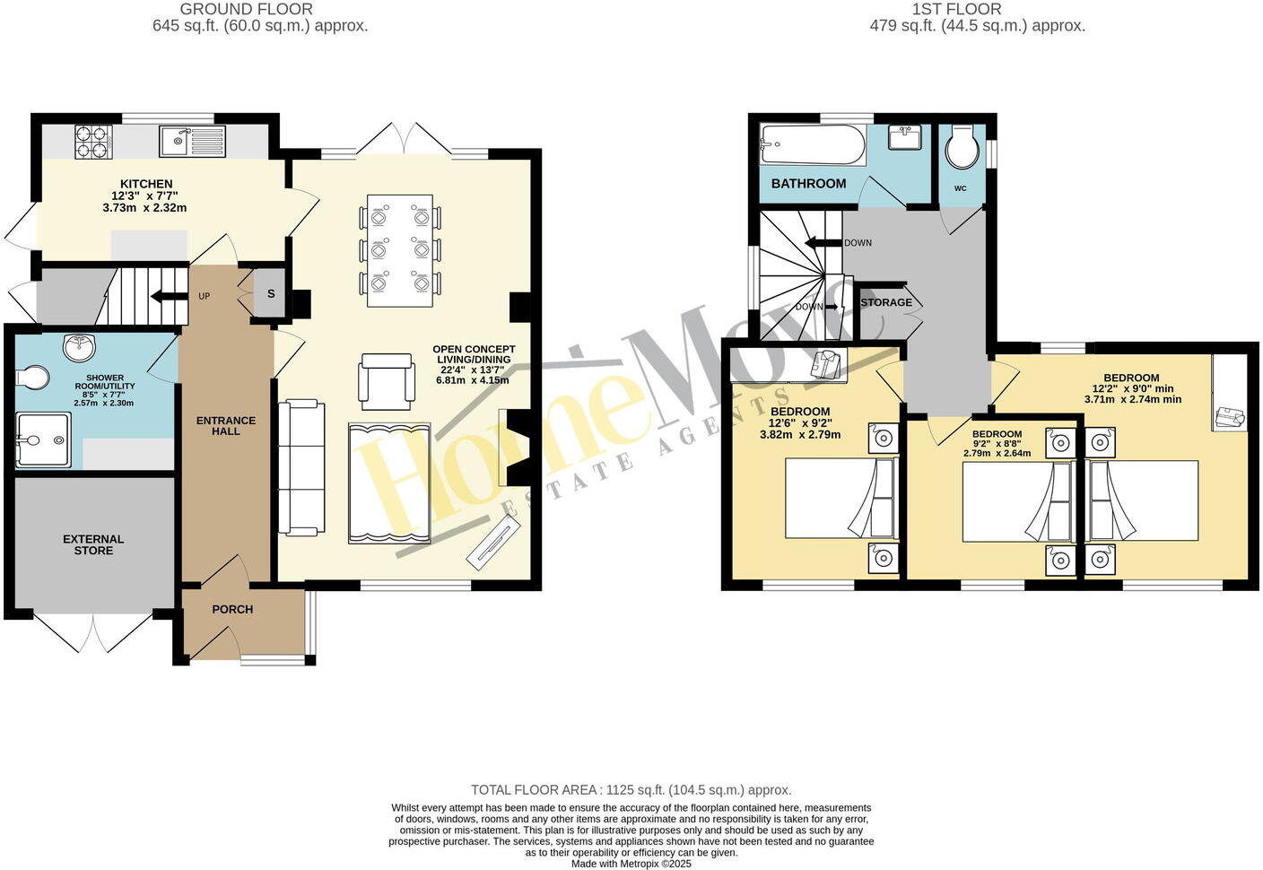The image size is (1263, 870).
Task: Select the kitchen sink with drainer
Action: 192,141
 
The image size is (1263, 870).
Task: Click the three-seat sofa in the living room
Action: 301,467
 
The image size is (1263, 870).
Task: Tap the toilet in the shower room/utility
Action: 31,378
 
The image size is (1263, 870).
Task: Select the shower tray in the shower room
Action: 43,439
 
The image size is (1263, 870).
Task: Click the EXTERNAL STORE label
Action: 93,544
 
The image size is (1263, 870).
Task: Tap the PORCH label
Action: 232,609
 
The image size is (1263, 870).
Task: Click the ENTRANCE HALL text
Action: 226,425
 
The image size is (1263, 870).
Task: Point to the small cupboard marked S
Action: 270,293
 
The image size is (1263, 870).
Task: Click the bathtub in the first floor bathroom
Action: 813,144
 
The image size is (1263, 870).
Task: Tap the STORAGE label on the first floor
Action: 885,302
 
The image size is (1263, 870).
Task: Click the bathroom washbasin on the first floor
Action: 903,138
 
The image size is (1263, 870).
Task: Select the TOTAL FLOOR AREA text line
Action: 631,790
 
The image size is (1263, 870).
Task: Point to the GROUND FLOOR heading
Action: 246,9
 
